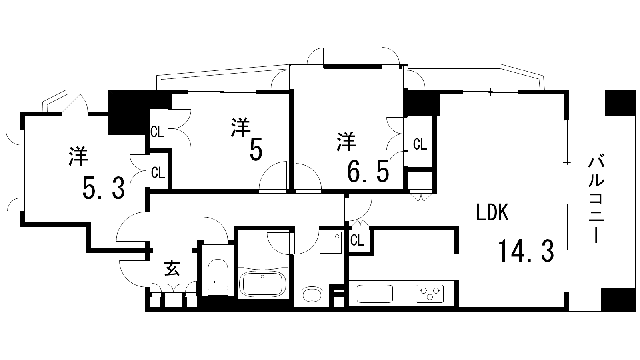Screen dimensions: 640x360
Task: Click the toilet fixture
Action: tap(218, 277)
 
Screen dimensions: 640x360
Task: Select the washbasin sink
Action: tap(312, 296)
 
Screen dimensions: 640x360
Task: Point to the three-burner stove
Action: tap(430, 294)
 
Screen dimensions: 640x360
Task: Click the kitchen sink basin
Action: tap(374, 294)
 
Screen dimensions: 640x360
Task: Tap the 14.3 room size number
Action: tap(526, 252)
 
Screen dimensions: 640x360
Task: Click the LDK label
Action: tap(492, 212)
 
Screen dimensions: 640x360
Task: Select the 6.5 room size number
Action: tap(368, 171)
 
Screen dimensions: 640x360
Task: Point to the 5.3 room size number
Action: tap(104, 188)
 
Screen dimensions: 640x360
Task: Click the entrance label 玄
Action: tap(172, 268)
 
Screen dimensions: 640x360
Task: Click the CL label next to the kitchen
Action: tap(357, 240)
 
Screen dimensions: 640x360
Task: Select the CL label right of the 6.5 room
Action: tap(420, 144)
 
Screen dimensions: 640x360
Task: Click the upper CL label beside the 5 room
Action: tap(157, 132)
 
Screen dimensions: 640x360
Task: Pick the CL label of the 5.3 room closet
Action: tap(158, 173)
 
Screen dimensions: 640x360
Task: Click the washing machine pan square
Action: tap(330, 242)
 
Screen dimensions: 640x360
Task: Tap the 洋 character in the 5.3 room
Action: tap(78, 156)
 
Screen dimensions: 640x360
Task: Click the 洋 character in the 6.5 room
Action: tap(346, 142)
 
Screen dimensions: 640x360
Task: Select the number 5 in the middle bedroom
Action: tap(256, 150)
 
